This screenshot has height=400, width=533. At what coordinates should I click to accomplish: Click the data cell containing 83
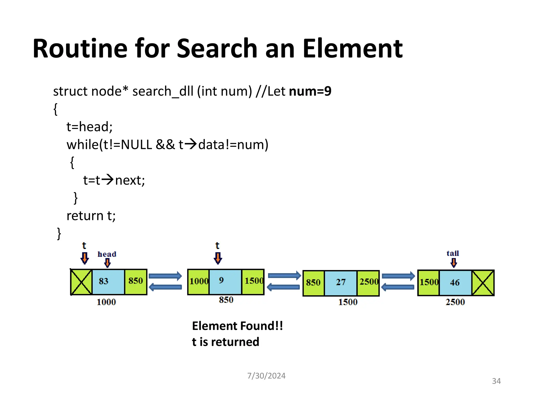pyautogui.click(x=108, y=282)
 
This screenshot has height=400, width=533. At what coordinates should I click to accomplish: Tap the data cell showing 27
pyautogui.click(x=341, y=282)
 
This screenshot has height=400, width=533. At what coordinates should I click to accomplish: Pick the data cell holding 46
pyautogui.click(x=455, y=283)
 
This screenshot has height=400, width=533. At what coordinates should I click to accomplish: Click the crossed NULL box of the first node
pyautogui.click(x=81, y=282)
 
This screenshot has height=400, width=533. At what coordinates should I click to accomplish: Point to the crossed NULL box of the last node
pyautogui.click(x=483, y=283)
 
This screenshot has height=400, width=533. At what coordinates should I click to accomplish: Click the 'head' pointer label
pyautogui.click(x=107, y=254)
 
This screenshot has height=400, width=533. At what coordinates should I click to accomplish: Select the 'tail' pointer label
pyautogui.click(x=453, y=253)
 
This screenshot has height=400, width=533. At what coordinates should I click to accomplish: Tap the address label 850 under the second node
pyautogui.click(x=226, y=300)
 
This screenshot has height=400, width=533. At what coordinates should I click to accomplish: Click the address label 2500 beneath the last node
pyautogui.click(x=455, y=302)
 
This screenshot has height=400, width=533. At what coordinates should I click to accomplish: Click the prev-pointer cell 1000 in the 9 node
pyautogui.click(x=199, y=281)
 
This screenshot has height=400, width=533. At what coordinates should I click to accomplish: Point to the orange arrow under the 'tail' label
pyautogui.click(x=454, y=262)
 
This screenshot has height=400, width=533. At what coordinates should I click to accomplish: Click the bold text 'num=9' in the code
pyautogui.click(x=310, y=91)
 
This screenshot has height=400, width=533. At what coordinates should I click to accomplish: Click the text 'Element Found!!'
pyautogui.click(x=237, y=326)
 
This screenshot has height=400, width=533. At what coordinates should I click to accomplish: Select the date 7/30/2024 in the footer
pyautogui.click(x=266, y=376)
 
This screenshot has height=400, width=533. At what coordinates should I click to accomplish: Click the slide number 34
pyautogui.click(x=496, y=381)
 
